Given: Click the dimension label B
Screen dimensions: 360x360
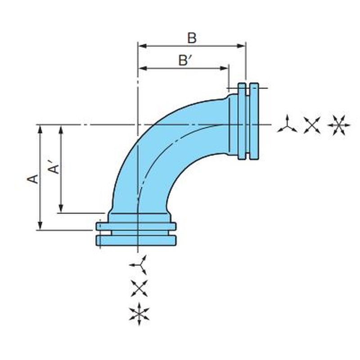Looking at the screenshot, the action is (192, 38).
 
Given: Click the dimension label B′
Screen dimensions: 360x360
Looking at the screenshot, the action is (185, 60).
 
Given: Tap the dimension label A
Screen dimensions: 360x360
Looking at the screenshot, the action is (33, 179).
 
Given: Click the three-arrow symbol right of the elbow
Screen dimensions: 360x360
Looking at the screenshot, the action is (287, 125).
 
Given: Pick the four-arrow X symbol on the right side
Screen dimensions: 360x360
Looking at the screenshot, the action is (312, 125).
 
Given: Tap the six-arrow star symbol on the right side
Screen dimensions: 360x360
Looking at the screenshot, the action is (339, 125).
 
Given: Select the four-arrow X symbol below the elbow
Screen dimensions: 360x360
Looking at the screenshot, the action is (139, 288).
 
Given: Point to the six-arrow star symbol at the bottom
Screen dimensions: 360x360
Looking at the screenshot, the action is (139, 314).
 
